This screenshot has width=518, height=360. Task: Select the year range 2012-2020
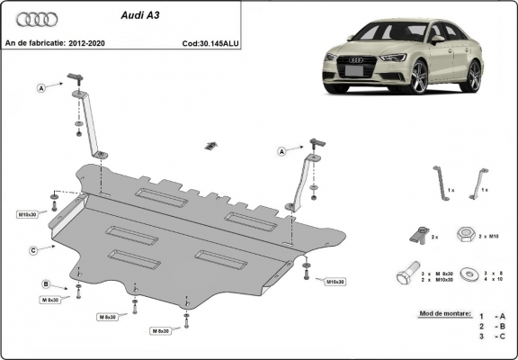(x=91, y=42)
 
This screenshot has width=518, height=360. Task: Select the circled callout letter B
(x=46, y=284)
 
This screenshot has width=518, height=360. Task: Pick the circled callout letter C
(x=32, y=249)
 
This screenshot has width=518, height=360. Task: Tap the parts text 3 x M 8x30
(x=437, y=272)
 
